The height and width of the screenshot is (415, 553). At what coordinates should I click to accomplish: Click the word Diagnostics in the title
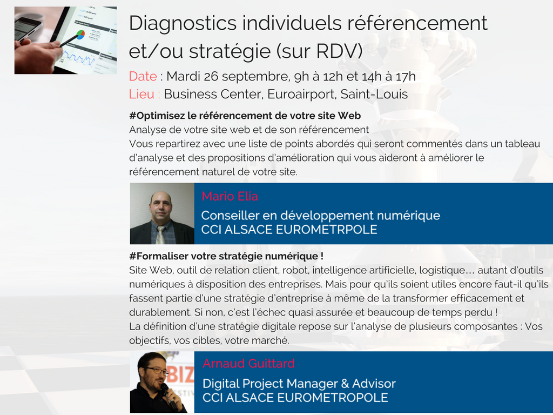point(183,24)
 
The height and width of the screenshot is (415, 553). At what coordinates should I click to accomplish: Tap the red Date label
point(143,76)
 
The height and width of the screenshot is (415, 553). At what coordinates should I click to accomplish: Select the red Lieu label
point(142,94)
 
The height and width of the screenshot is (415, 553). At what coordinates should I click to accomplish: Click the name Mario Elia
point(230,196)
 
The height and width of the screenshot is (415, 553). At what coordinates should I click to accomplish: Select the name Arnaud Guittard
point(248,364)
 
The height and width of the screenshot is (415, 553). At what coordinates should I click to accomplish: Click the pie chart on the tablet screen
point(81,35)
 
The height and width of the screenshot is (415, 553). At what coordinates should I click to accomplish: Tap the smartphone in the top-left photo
point(28,30)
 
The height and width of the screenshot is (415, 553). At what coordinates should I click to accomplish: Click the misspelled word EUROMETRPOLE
point(327,230)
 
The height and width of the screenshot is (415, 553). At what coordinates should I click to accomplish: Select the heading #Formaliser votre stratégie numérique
point(226,256)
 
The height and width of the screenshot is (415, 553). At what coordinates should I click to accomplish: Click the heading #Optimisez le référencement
point(245,116)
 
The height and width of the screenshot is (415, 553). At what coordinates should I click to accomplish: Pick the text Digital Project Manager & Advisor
point(299,384)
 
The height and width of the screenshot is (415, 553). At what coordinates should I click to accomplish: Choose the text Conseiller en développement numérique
point(321,216)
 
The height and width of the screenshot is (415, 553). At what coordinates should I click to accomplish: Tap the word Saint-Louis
point(374,94)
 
